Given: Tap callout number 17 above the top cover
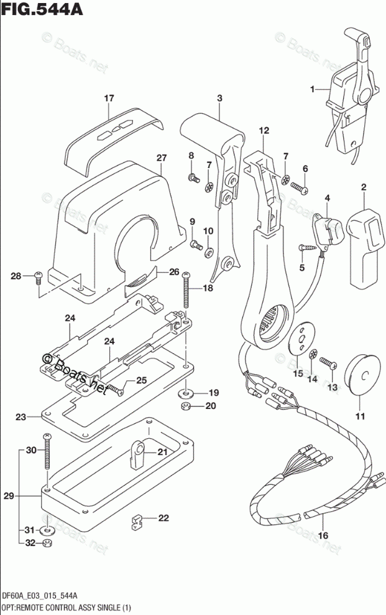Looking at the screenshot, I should [x=109, y=98].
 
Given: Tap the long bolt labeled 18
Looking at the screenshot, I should [x=185, y=296].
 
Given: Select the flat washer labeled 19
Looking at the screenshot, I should [x=186, y=393].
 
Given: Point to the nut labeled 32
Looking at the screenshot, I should [x=46, y=545].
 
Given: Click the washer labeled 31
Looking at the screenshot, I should [x=46, y=531].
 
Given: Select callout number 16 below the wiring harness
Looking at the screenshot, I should [x=323, y=535].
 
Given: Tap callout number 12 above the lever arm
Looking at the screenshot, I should [x=264, y=130].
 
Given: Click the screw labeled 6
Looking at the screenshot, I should [x=299, y=185].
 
